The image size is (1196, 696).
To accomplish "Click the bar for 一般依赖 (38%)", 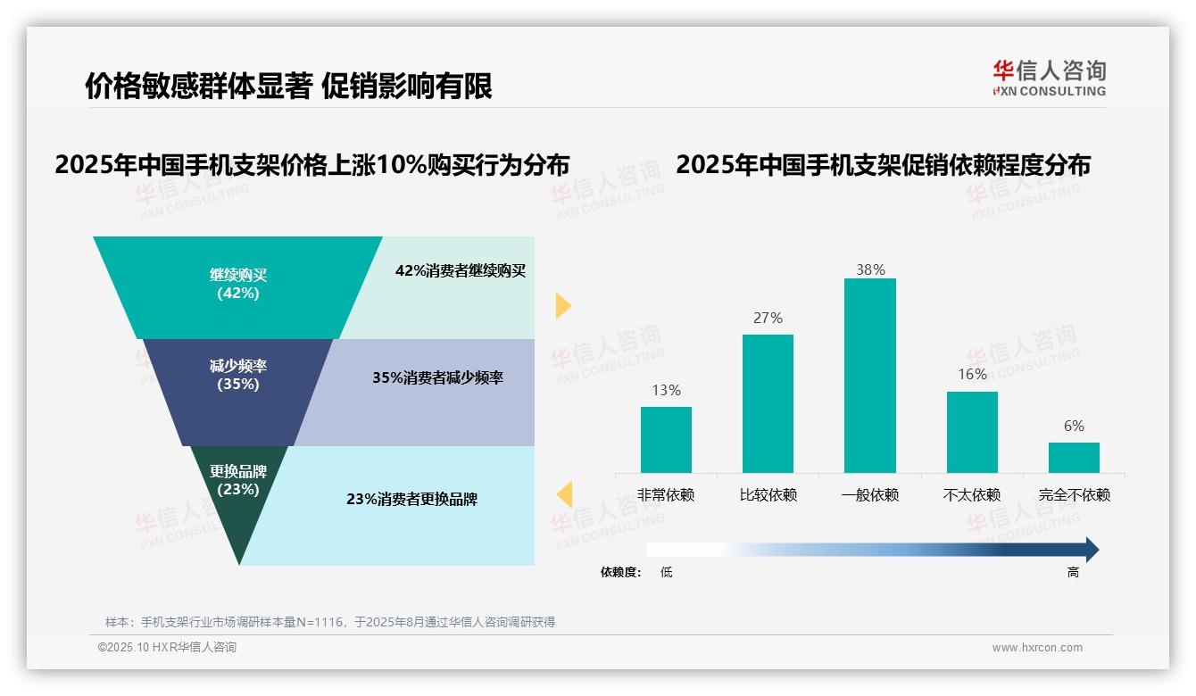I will tap(869, 375).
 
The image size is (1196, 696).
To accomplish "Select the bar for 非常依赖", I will tap(666, 439).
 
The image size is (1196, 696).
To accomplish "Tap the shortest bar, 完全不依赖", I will tap(1074, 457).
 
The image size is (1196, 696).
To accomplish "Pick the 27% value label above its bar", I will tap(768, 318).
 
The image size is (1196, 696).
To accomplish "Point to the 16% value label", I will tap(972, 375).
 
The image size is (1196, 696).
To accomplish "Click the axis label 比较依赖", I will tap(768, 495).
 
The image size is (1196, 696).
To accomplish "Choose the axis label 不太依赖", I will tap(972, 495).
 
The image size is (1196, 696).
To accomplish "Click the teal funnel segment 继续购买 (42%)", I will tap(238, 286).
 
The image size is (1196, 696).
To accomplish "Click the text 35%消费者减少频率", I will tap(437, 378).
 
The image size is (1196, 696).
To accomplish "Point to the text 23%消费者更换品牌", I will tap(411, 500).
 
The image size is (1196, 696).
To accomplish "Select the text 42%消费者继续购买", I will tap(461, 271).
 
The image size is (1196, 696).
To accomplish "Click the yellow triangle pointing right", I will tap(562, 305).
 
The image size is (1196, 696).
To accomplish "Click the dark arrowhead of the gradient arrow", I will tap(1091, 550).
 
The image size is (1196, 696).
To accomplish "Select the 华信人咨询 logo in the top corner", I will tap(1049, 77).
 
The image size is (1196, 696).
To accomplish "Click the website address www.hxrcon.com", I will tap(1037, 648).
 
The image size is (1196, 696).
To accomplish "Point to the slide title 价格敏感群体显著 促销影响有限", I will tap(288, 87).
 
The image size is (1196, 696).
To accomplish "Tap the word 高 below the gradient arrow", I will tap(1073, 573).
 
